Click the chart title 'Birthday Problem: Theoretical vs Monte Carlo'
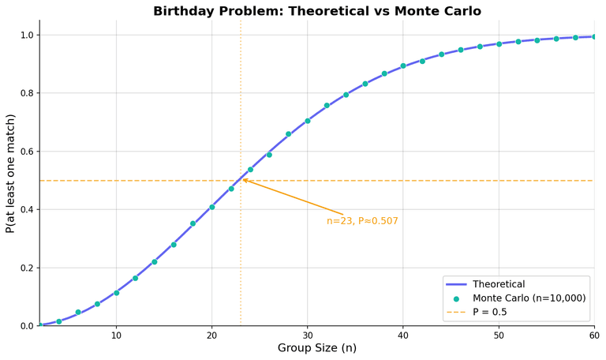click(316, 11)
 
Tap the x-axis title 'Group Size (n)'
click(316, 348)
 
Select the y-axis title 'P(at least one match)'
click(10, 173)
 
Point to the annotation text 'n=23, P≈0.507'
click(362, 221)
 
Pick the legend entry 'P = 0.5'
click(489, 313)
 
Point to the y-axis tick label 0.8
click(26, 93)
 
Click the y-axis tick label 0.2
click(26, 268)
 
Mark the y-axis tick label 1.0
click(26, 36)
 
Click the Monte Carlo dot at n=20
click(212, 207)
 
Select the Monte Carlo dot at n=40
click(403, 66)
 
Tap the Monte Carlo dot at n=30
click(308, 121)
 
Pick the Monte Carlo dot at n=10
click(116, 293)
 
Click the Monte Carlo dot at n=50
click(499, 44)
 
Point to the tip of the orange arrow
click(241, 179)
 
